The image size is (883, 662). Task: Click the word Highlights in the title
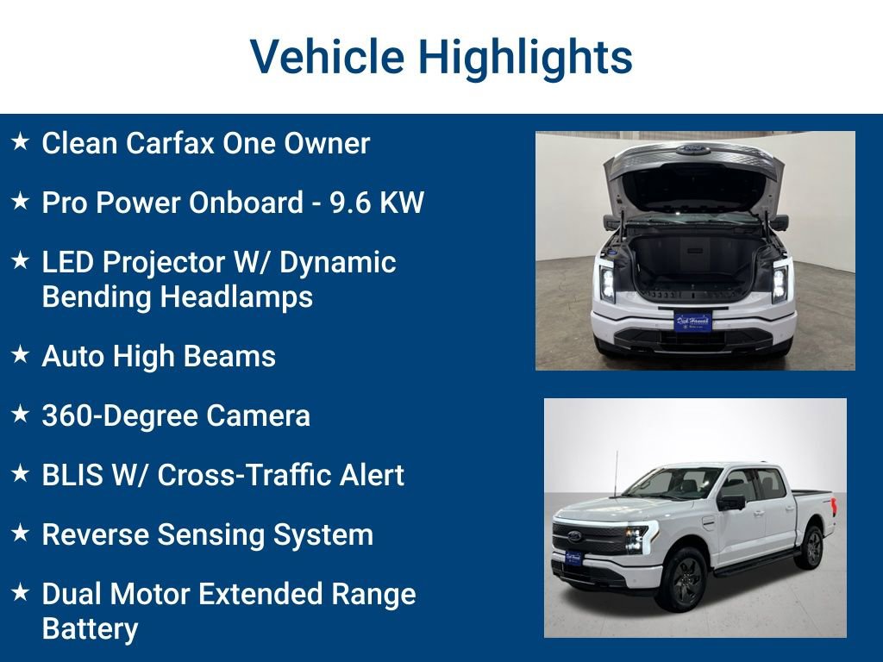point(525,57)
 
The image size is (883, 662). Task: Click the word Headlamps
point(227,297)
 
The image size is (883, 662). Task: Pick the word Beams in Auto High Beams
point(235,356)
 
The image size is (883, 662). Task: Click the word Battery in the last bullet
point(90,628)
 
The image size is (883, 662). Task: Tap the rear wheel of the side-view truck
point(811,545)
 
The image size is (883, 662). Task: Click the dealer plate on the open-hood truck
point(692,322)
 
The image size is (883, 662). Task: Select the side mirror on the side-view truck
point(731,502)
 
